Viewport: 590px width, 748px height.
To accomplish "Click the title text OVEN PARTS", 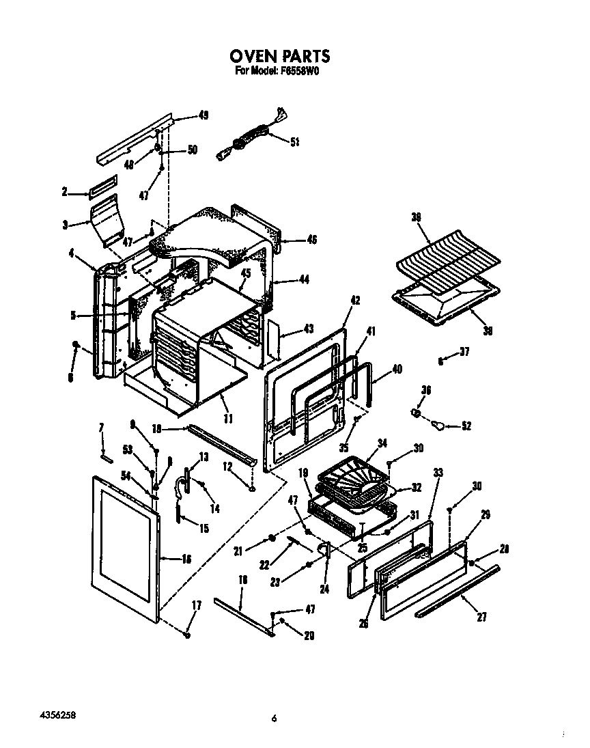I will pos(279,56).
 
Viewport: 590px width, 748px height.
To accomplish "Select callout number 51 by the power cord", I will pos(295,142).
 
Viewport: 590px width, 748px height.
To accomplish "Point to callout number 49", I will pos(203,115).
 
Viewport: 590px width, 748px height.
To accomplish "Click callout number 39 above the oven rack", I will pos(417,217).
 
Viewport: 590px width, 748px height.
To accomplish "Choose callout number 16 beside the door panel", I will pos(186,559).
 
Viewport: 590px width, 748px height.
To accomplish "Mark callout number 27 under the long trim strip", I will pos(482,617).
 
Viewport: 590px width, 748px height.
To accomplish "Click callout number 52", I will pos(466,426).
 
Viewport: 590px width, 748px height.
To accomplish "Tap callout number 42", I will pos(355,300).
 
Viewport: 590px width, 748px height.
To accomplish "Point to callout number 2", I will pos(65,192).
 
